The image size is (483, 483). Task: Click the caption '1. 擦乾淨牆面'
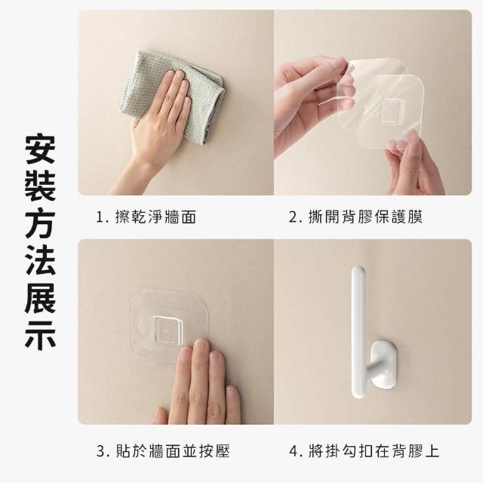point(146,217)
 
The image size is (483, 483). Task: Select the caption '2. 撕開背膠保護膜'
point(355,217)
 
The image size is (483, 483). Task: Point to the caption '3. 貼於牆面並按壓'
point(163,451)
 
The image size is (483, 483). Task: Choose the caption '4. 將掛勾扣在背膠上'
point(364,451)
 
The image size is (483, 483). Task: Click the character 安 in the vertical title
point(40,149)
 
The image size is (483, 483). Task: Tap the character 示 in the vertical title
point(40,335)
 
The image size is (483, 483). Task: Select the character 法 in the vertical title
point(40,260)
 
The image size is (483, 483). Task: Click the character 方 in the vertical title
point(40,223)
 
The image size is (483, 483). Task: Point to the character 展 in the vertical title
point(40,298)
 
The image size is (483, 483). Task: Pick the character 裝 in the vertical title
point(40,186)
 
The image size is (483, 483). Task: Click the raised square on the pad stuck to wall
point(168,329)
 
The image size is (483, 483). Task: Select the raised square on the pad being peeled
point(391,110)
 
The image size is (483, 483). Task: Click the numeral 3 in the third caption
point(101,451)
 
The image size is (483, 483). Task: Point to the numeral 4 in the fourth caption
point(294,451)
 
